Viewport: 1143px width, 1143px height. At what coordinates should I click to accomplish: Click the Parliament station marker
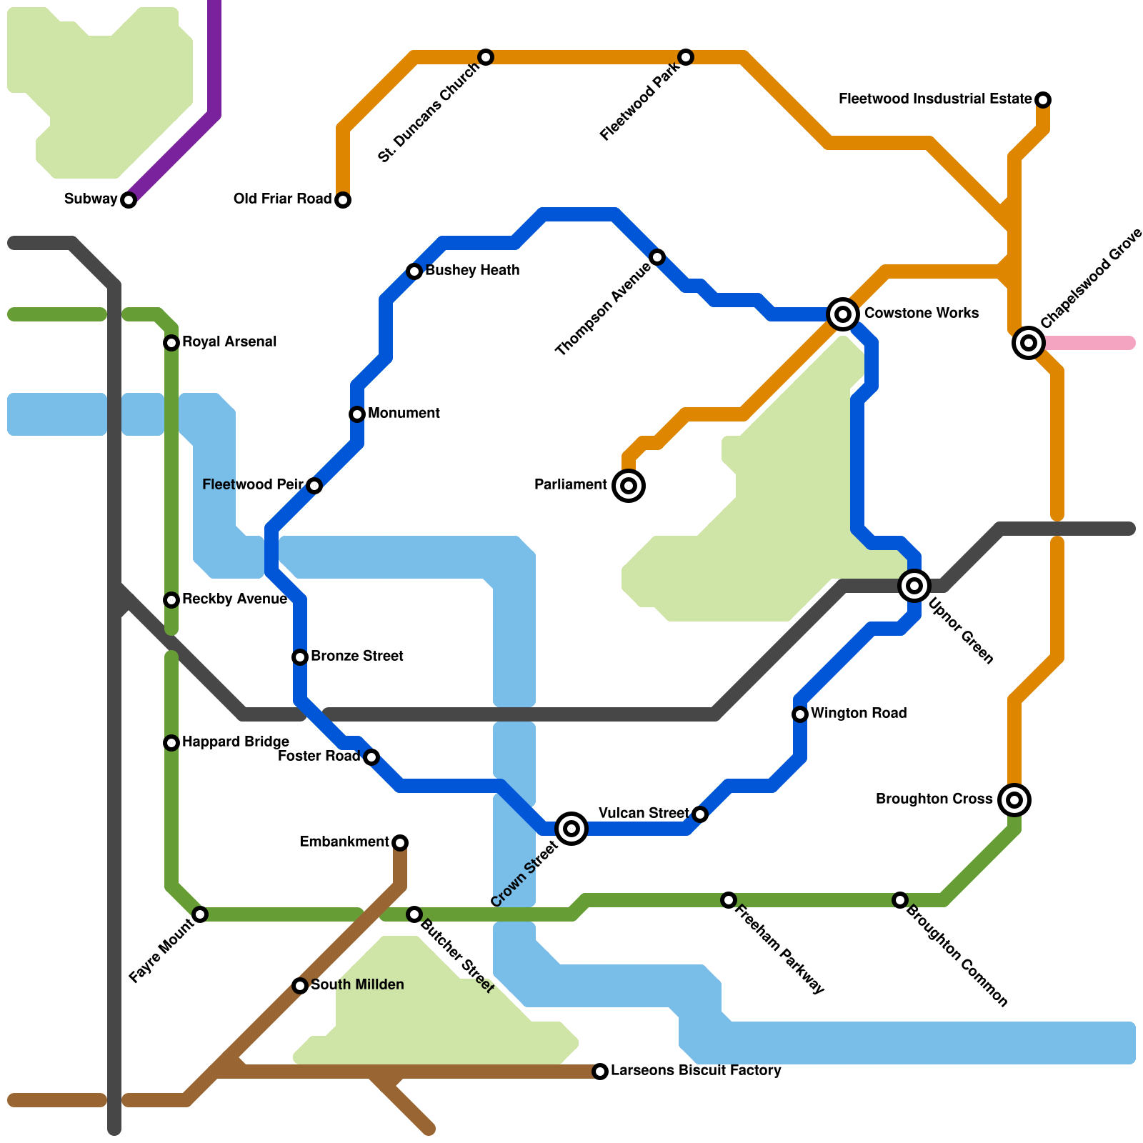point(629,486)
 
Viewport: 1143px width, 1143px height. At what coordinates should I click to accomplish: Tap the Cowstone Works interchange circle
point(843,314)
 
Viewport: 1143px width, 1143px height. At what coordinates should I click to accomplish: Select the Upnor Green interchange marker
point(914,586)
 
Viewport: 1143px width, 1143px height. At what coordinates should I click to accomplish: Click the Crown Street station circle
point(571,829)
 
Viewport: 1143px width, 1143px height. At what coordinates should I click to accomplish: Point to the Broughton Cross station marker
point(1014,800)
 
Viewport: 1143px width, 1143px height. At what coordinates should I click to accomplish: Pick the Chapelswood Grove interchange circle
point(1029,343)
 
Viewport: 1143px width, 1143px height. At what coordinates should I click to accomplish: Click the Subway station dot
point(129,200)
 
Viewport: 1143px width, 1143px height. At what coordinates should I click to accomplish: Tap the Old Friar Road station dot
point(343,200)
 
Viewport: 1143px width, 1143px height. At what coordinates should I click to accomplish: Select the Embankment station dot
point(400,843)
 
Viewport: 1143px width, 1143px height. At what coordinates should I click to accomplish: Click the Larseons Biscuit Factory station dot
point(600,1072)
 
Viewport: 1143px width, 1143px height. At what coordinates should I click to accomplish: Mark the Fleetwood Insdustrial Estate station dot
point(1043,100)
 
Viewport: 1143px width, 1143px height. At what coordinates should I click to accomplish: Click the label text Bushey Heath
point(472,271)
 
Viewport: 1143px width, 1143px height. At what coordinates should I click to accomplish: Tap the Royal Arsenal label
point(229,342)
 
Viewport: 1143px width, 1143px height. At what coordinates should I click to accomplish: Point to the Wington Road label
point(859,714)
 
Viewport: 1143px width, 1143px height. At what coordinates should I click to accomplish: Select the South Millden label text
point(357,985)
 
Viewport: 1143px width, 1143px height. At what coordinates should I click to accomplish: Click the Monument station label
point(404,414)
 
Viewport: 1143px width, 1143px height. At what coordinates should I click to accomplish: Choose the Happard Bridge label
point(236,742)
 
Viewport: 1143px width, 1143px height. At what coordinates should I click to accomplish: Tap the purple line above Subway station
point(214,57)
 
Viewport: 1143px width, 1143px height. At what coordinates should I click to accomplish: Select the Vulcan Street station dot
point(700,814)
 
